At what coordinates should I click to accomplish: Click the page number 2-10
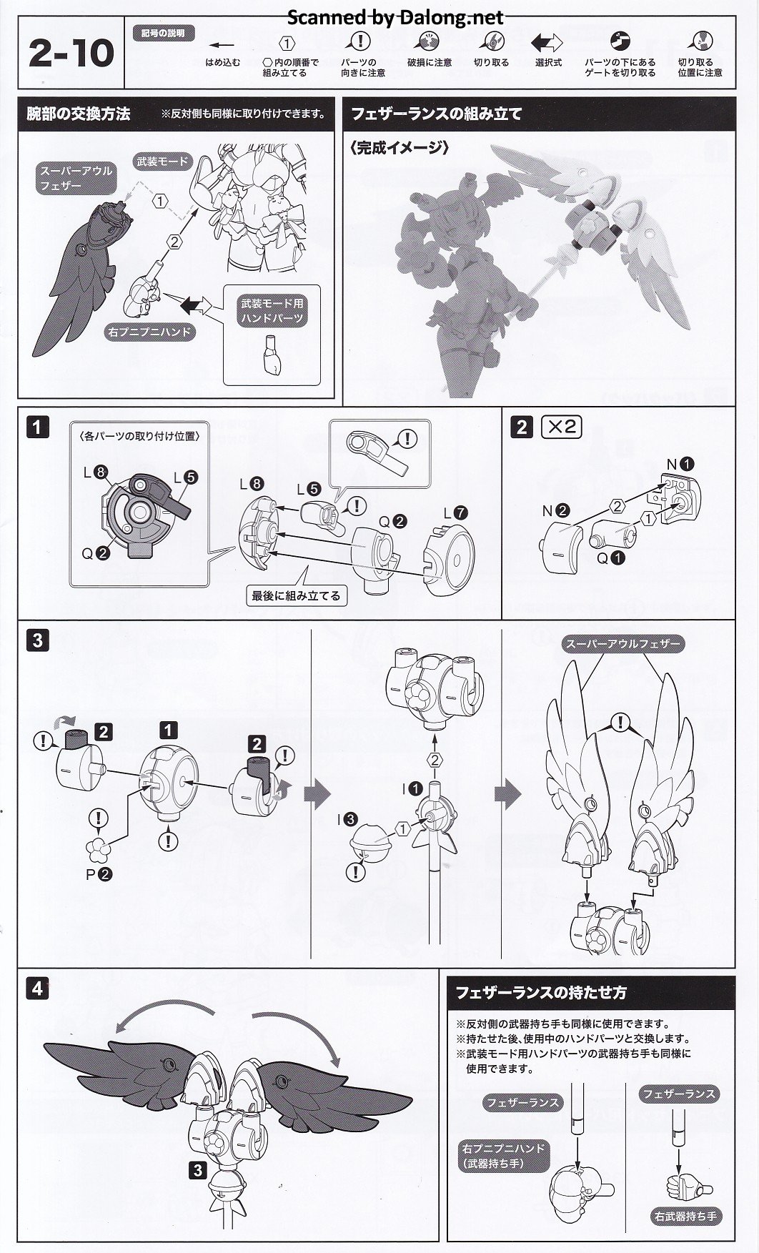click(x=71, y=54)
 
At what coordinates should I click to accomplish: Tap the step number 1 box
click(x=37, y=427)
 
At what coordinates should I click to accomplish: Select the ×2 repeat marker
click(x=561, y=427)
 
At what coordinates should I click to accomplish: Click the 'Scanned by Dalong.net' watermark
click(x=395, y=16)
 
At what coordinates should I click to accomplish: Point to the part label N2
click(x=555, y=510)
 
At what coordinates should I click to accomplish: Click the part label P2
click(x=99, y=873)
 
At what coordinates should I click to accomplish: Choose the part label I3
click(x=347, y=820)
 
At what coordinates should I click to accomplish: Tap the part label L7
click(x=455, y=512)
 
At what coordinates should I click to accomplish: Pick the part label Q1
click(x=610, y=558)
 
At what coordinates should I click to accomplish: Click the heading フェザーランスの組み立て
click(x=436, y=114)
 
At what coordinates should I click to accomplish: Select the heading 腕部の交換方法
click(x=79, y=114)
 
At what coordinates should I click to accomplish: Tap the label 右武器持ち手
click(x=685, y=1216)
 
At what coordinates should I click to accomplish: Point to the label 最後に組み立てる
click(x=296, y=595)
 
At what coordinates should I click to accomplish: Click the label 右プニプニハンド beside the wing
click(x=149, y=332)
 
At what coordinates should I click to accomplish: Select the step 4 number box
click(x=37, y=989)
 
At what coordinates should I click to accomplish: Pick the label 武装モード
click(x=162, y=162)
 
